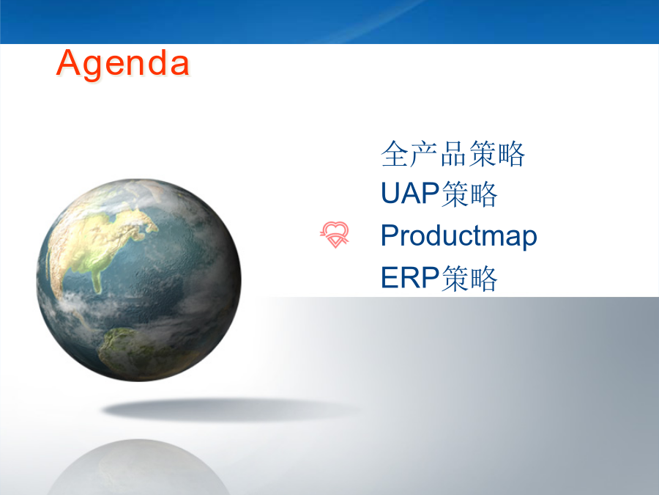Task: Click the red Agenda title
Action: [x=123, y=65]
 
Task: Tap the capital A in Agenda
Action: [x=68, y=62]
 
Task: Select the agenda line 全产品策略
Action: [x=453, y=154]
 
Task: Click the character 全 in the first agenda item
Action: [x=395, y=154]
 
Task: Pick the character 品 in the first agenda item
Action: [x=453, y=154]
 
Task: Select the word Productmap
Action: [x=459, y=236]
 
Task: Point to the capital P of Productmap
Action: [x=390, y=235]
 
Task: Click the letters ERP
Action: [x=410, y=277]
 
